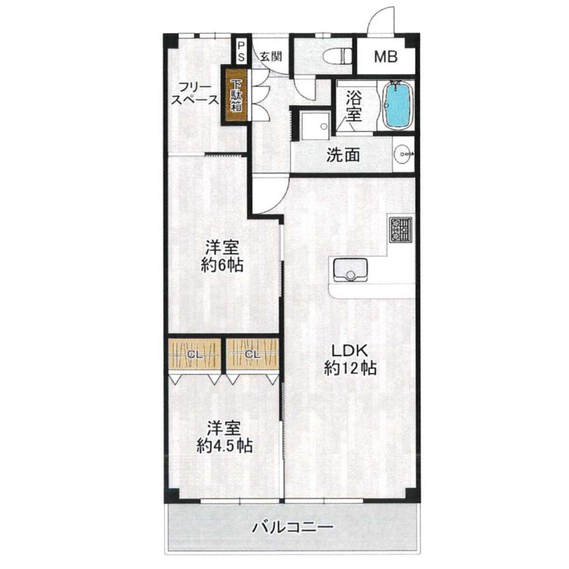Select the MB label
(386, 57)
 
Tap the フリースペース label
(195, 93)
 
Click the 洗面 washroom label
(343, 156)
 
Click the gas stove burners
(401, 230)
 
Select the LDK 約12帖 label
(350, 359)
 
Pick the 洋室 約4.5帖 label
(224, 437)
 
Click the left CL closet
(194, 355)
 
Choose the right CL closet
(253, 355)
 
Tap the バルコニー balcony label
(292, 527)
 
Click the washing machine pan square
(315, 125)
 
